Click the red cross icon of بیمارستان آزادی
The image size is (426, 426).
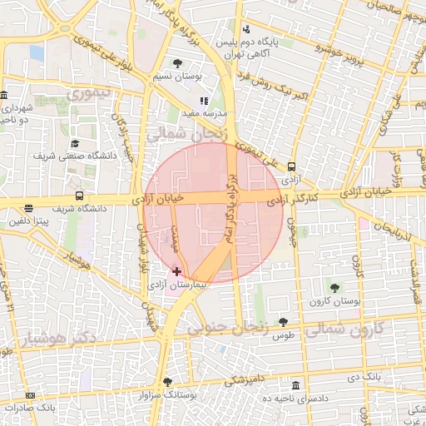[x=176, y=271]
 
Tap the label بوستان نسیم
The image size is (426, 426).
[x=176, y=77]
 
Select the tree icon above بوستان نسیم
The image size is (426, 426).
[x=176, y=62]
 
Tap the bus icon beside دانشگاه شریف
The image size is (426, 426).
[x=79, y=196]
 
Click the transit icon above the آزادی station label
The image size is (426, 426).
[x=290, y=166]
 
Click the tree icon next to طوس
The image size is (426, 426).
[x=284, y=322]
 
